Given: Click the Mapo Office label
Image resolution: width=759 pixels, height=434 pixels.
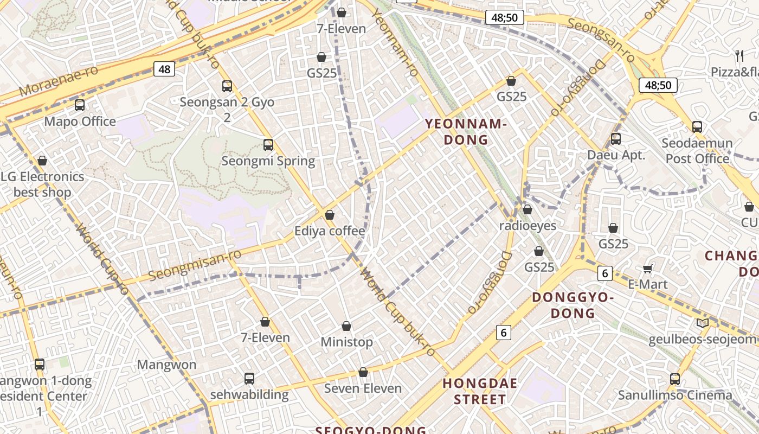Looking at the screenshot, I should [80, 121].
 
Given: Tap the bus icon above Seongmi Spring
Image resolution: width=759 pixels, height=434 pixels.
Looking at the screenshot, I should [268, 145].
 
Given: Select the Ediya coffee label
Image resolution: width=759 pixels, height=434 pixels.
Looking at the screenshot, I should [330, 231].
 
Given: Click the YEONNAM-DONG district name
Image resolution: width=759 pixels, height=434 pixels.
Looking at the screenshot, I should [466, 132].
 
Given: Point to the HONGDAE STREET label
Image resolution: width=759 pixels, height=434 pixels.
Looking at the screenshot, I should [480, 392].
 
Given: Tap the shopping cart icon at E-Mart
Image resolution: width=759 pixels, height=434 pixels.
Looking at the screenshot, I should [647, 269].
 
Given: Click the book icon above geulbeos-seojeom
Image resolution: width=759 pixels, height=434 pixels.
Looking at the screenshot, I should [703, 323].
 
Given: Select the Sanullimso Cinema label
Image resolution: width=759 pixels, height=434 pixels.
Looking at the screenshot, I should [675, 395].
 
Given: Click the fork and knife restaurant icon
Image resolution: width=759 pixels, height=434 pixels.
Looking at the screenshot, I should [739, 55].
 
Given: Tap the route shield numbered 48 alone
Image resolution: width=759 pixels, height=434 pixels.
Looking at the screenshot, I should [164, 69].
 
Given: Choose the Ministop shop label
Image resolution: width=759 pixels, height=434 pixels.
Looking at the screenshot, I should [347, 342].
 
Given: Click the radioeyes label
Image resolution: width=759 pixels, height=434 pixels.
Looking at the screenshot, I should [528, 226].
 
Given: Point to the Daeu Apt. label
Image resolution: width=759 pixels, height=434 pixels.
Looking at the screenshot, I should [617, 155].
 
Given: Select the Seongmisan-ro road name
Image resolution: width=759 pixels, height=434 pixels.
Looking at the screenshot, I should [195, 265].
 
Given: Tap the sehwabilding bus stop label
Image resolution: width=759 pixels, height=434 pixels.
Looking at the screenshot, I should [249, 394].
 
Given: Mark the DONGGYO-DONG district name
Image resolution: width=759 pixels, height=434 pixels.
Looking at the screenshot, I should [573, 305].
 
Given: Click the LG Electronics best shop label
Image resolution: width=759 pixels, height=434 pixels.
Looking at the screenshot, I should [42, 184].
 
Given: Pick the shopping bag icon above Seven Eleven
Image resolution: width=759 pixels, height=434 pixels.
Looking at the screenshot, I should [363, 372].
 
